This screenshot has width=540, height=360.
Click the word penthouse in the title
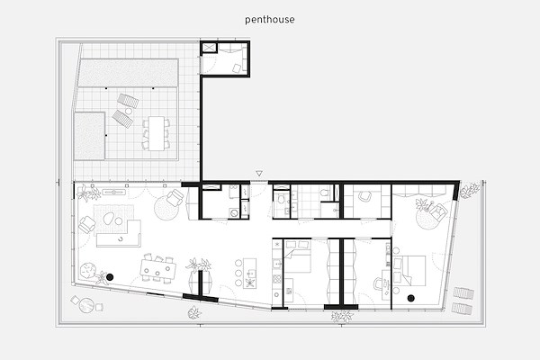click(x=270, y=20)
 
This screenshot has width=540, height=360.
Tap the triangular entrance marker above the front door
click(x=259, y=174)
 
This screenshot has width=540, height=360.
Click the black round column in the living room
click(x=110, y=277)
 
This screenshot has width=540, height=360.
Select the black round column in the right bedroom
click(x=411, y=298)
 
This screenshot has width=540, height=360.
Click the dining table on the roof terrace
click(x=157, y=133)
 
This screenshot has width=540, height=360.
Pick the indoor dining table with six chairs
click(x=158, y=266)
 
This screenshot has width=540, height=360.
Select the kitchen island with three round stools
click(x=249, y=273)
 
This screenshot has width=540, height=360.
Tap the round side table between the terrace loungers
click(x=129, y=111)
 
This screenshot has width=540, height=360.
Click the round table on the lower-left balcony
click(x=86, y=305)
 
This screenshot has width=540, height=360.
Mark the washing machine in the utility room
click(x=234, y=212)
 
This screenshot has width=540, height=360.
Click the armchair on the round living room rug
click(x=175, y=198)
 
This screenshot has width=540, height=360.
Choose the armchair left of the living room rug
click(x=87, y=225)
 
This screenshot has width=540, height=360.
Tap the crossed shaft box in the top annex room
click(x=208, y=47)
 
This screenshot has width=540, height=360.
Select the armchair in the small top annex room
click(x=237, y=68)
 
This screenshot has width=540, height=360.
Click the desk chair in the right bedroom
click(x=379, y=284)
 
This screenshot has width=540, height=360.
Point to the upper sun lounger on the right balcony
click(x=463, y=293)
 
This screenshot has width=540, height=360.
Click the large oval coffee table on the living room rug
click(x=109, y=219)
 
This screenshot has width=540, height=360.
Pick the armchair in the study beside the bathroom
click(x=364, y=196)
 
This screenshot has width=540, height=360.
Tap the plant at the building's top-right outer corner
click(x=470, y=191)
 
